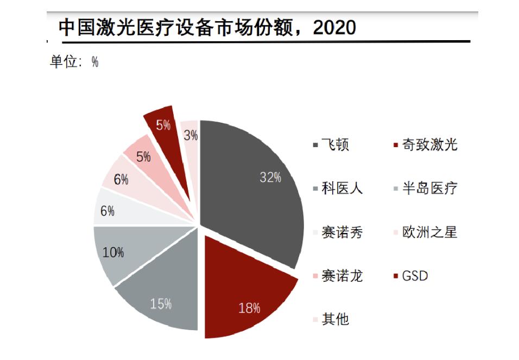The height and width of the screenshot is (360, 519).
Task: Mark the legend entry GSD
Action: (415, 276)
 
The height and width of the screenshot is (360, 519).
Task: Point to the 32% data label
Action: (270, 177)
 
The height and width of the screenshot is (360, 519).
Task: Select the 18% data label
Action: (249, 308)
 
